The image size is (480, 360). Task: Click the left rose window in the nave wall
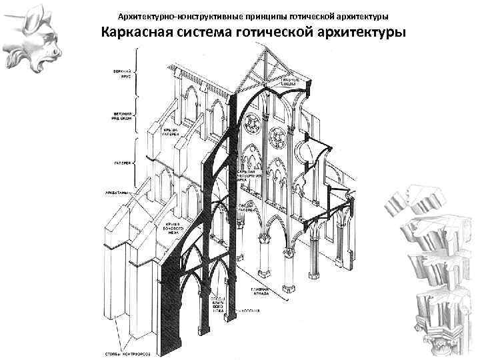[252, 123]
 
